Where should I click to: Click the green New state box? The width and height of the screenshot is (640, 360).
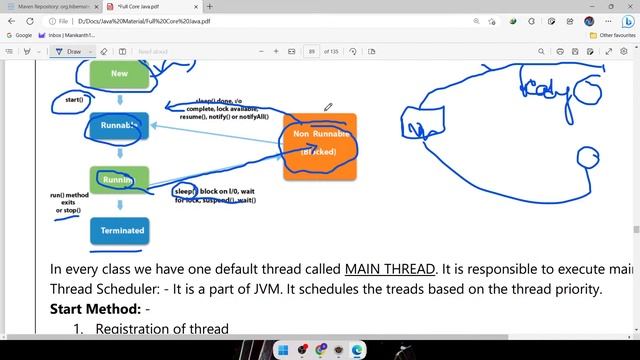(119, 73)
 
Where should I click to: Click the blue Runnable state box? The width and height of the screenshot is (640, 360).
(119, 125)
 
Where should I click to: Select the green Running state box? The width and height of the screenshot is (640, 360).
(119, 180)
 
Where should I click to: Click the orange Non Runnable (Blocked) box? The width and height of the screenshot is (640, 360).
(319, 145)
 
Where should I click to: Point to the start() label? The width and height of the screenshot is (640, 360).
(73, 100)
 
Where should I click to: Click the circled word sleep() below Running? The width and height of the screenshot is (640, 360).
(186, 191)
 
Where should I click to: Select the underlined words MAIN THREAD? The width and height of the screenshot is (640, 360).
(391, 270)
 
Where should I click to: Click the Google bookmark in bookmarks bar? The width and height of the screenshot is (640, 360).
(19, 35)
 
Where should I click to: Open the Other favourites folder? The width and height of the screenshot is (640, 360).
(612, 35)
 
